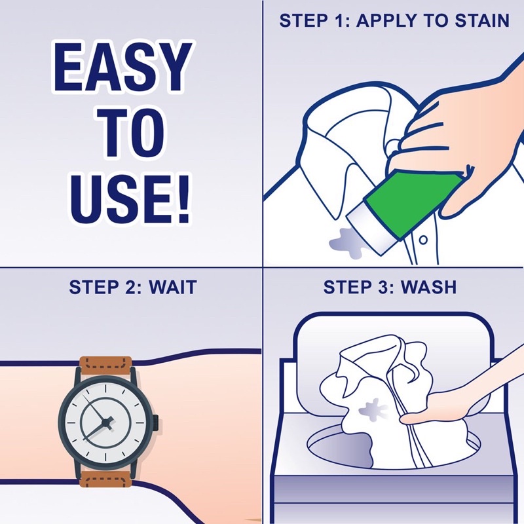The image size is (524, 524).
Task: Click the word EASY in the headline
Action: coord(122,66)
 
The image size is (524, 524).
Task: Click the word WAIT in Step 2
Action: coord(172,288)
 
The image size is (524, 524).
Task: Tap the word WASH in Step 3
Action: coord(428,287)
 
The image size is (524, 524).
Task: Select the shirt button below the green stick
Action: coord(423,240)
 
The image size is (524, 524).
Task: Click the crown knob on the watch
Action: coord(156,422)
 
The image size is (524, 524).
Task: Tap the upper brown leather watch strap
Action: coord(105,365)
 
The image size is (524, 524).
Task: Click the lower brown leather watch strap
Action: coord(105,479)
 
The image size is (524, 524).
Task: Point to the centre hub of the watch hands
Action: coord(106,423)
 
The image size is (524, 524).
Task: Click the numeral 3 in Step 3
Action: coord(381,287)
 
